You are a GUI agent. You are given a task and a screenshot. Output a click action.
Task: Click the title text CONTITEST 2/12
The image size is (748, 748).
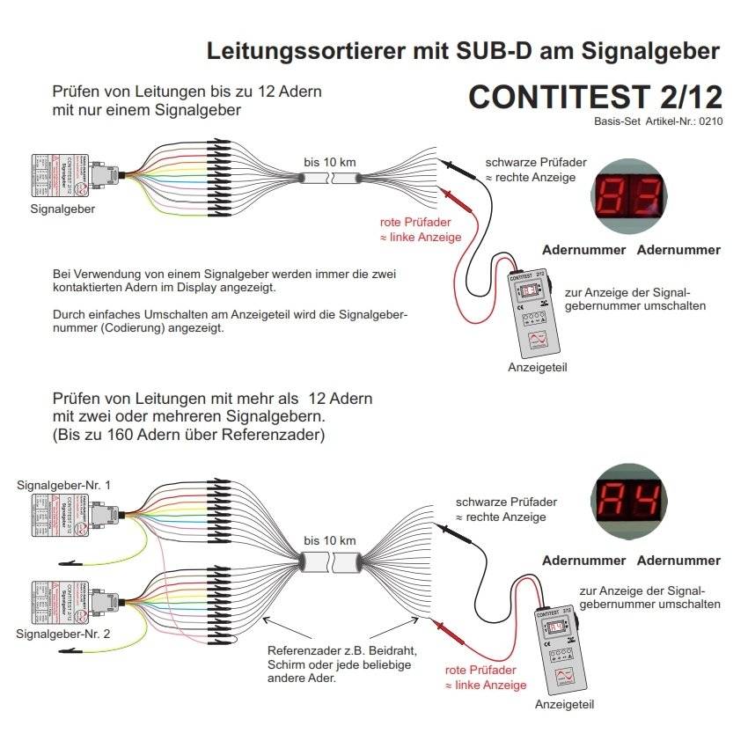595,97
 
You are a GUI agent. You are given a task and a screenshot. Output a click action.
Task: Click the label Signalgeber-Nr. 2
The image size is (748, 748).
64,633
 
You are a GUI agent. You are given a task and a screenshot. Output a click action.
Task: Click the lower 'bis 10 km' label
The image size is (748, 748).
330,539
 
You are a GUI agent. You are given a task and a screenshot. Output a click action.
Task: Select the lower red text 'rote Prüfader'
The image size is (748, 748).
480,670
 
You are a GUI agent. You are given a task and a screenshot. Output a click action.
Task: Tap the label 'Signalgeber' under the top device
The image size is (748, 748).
62,209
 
